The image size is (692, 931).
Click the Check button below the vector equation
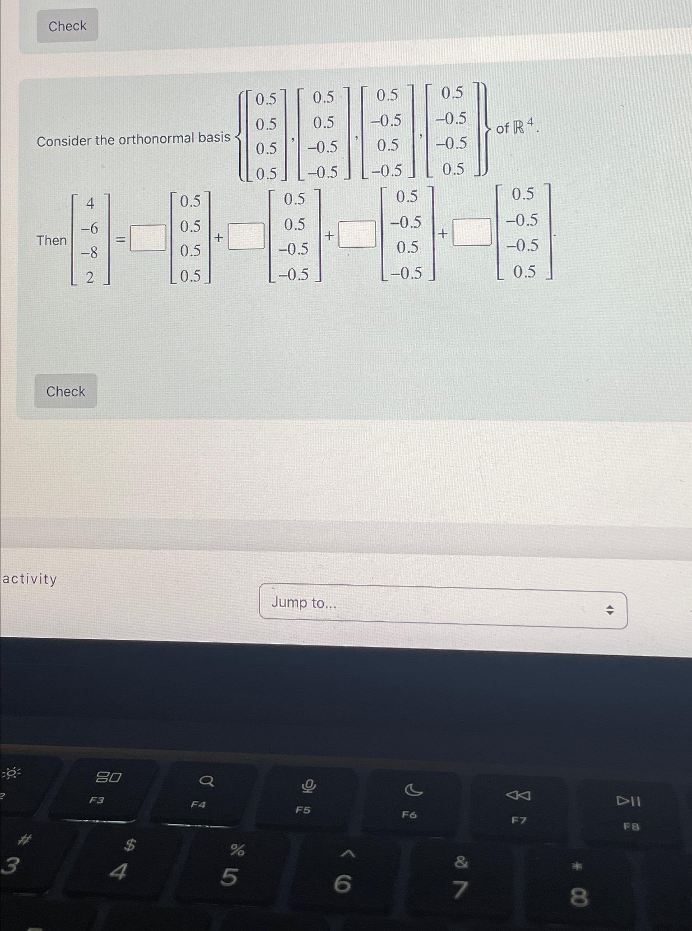(65, 392)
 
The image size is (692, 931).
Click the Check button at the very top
(67, 26)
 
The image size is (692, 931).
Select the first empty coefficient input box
(148, 237)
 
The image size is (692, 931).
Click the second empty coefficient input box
(246, 236)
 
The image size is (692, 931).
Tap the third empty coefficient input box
(357, 235)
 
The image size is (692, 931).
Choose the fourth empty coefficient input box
(472, 231)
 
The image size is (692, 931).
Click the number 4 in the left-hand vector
(90, 204)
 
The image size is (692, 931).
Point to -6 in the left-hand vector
(89, 228)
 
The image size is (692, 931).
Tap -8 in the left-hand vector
(89, 252)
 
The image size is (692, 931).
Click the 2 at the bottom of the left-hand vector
(90, 277)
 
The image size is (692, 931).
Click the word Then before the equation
(51, 240)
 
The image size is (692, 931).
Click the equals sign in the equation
(120, 240)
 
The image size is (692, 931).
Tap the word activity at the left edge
(30, 579)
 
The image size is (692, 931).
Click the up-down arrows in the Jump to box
(610, 611)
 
